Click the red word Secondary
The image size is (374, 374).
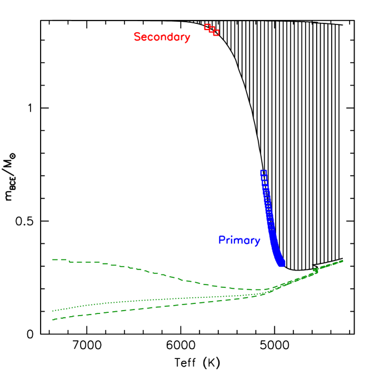(162, 37)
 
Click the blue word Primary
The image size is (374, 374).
(239, 240)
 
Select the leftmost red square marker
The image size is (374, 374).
(207, 27)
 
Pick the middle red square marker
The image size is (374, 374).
(212, 29)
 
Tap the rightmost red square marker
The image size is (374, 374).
(216, 33)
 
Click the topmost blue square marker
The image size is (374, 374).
(263, 173)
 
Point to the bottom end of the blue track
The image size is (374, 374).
(282, 263)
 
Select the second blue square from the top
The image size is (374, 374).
(264, 178)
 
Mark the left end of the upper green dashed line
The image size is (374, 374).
(53, 260)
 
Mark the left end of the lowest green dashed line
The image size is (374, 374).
(53, 320)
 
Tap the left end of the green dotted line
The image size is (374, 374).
(53, 311)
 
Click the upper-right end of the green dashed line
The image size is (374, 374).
(342, 260)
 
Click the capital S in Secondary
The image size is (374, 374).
(137, 37)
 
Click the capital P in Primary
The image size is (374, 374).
(221, 240)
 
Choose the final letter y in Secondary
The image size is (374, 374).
(187, 38)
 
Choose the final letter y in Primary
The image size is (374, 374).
(257, 241)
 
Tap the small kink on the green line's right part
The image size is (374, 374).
(316, 270)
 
